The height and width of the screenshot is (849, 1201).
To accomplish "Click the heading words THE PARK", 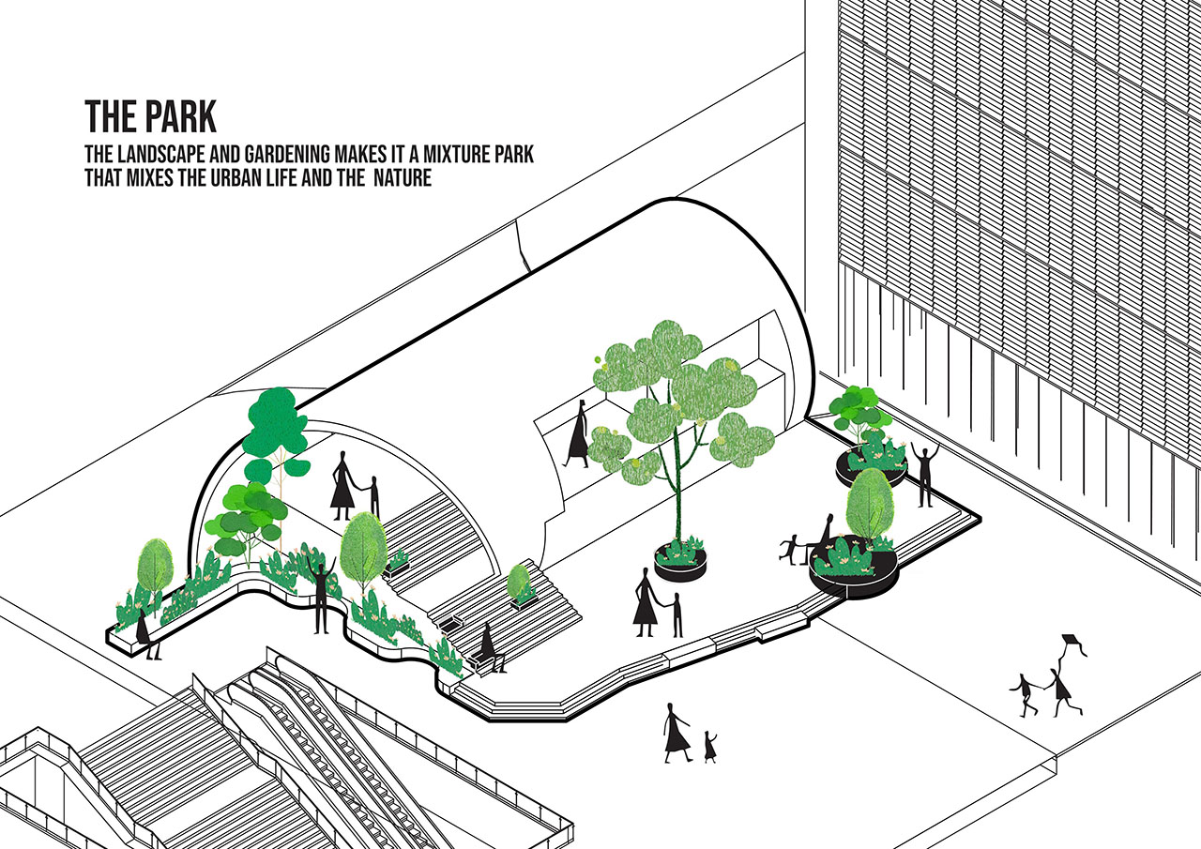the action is point(151,115).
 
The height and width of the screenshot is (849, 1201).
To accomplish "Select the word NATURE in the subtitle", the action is point(403,177).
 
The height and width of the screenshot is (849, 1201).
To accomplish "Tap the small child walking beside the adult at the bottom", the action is point(710,746).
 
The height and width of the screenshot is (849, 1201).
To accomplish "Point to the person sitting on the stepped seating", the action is point(491,647).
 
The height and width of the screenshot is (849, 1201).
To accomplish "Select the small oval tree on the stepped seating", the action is point(519,581).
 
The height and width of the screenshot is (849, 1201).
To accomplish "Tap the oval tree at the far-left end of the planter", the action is point(155,569).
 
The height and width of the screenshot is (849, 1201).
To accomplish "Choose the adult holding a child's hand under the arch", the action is point(342,486).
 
